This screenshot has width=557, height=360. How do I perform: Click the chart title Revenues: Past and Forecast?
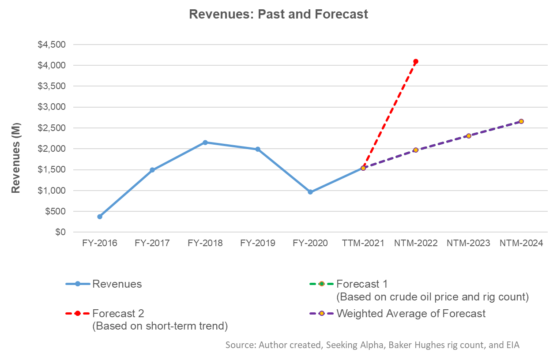click(278, 14)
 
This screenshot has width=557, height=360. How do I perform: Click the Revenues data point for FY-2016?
click(100, 217)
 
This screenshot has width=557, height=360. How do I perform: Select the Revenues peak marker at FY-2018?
click(205, 142)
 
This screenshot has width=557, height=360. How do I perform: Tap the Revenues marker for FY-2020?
click(310, 192)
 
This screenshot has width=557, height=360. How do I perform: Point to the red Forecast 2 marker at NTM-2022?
click(416, 62)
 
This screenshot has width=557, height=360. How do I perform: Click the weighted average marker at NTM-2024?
click(521, 121)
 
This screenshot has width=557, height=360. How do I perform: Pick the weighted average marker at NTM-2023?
click(469, 136)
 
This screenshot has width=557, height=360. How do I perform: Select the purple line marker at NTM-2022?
click(416, 150)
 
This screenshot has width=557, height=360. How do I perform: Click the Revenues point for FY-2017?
click(152, 170)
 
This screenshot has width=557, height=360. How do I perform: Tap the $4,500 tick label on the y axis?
click(52, 45)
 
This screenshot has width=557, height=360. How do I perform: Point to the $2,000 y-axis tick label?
click(52, 149)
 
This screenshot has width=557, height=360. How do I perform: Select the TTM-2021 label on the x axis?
click(363, 243)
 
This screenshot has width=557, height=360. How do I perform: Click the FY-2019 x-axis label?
click(258, 243)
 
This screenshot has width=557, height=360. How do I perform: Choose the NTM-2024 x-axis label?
click(521, 243)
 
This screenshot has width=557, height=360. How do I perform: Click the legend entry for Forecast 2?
click(118, 314)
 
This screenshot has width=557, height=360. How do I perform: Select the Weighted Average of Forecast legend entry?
click(410, 314)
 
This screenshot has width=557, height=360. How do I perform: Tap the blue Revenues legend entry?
click(117, 284)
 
